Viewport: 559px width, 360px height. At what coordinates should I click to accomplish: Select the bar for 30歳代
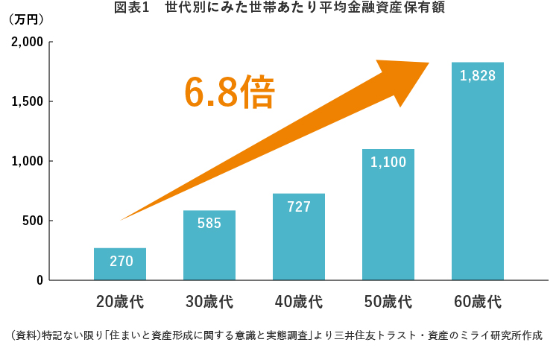(x=209, y=245)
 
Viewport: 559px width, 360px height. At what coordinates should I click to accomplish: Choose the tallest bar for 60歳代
(x=478, y=171)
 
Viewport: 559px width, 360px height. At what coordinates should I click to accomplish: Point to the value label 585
(x=209, y=223)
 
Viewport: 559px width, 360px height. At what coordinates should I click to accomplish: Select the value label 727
(x=299, y=206)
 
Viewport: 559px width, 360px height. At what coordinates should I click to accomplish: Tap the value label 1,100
(x=388, y=161)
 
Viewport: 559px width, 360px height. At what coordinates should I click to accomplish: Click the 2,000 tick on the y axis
(x=28, y=42)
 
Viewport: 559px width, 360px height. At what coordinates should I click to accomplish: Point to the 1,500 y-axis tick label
(x=28, y=101)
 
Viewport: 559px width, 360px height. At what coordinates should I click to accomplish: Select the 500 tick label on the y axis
(x=33, y=221)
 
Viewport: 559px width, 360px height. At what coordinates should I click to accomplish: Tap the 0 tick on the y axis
(x=40, y=280)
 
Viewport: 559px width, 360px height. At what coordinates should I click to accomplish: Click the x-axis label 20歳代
(x=120, y=302)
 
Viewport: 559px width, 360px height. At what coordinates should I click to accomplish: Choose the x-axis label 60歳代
(x=478, y=302)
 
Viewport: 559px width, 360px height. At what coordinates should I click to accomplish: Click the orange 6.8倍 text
(x=230, y=92)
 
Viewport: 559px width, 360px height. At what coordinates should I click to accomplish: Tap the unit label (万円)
(x=26, y=19)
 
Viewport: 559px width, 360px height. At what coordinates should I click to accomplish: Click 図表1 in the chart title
(x=131, y=7)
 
